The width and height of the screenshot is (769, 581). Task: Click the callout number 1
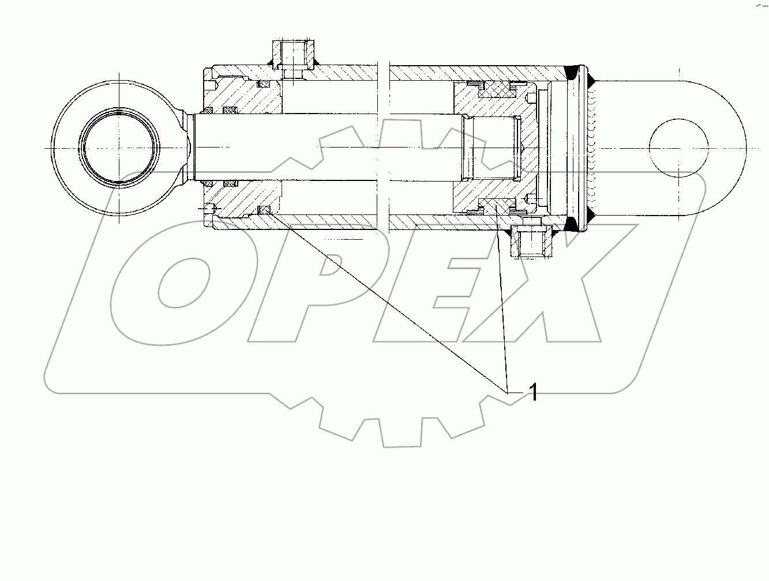coord(534,393)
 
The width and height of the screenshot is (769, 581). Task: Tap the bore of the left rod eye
coord(118,147)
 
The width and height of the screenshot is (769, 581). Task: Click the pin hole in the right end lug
coord(678,147)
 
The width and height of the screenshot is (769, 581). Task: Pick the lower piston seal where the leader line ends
coord(496,206)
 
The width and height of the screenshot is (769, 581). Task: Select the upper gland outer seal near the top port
coord(263,85)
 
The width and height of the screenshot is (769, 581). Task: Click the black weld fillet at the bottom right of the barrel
coord(573,224)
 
